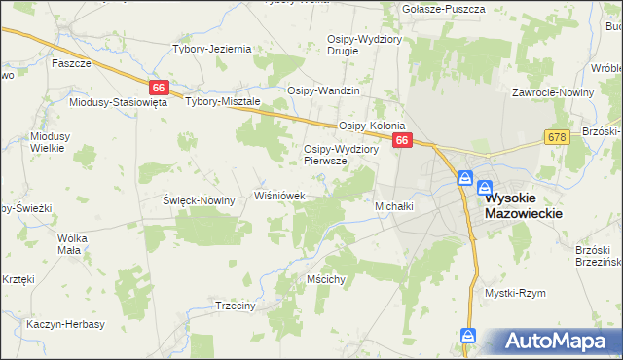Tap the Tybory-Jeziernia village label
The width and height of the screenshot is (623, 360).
212,49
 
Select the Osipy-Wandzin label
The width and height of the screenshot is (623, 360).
323,90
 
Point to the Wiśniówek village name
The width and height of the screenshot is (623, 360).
280,196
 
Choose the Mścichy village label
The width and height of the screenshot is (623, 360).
326,279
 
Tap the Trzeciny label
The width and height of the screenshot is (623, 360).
234,305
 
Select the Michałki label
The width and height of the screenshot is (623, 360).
395,206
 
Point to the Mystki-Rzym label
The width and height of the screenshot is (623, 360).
515,292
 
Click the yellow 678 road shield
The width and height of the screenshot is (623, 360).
557,139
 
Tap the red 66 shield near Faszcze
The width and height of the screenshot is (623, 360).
160,88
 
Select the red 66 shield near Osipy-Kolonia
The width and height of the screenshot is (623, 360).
403,142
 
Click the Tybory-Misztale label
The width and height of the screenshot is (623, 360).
223,101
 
